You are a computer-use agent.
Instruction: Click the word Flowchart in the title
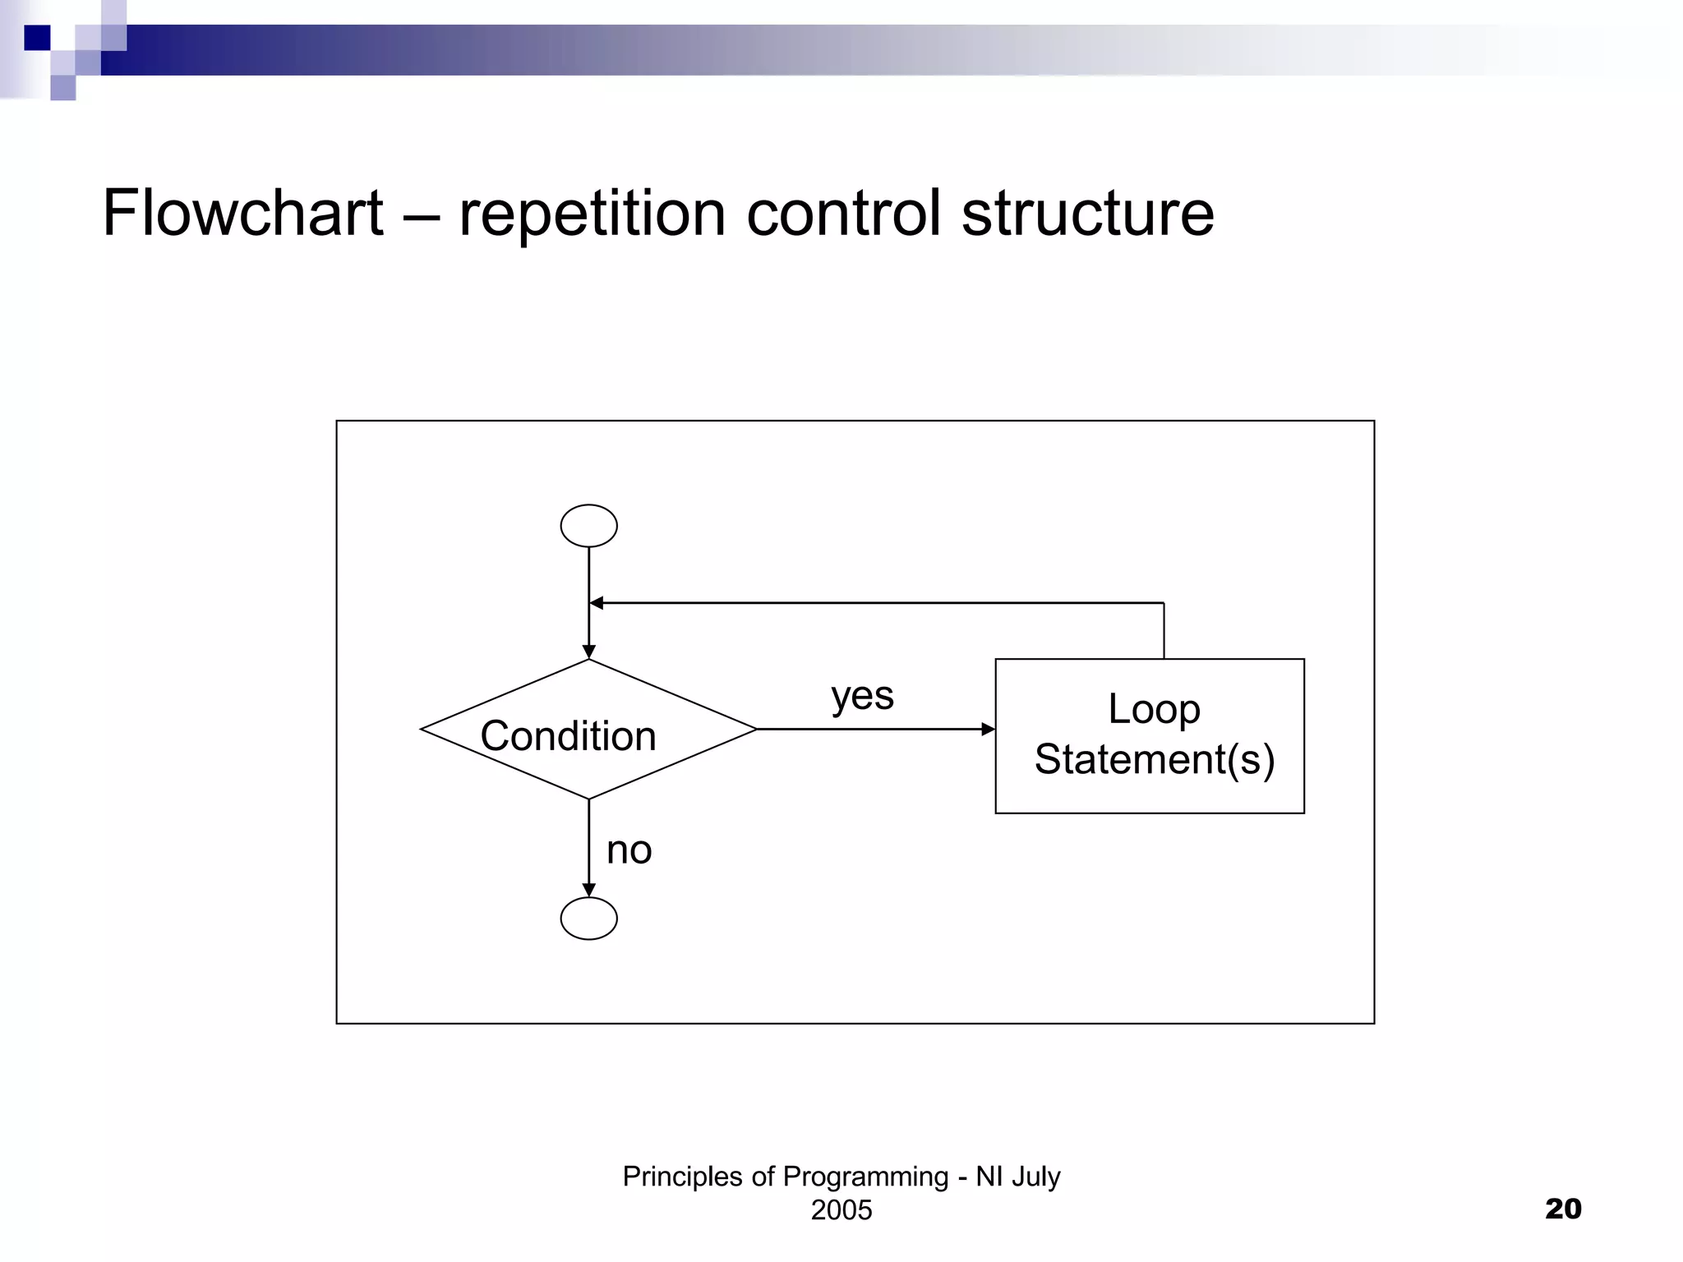coord(243,213)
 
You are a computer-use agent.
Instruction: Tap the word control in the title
coord(843,213)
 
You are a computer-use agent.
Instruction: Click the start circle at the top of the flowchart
coord(588,526)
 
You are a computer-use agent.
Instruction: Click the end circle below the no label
coord(588,919)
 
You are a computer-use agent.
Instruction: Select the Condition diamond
coord(588,730)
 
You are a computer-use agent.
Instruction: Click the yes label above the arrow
coord(862,696)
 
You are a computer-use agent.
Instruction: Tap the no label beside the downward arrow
coord(629,850)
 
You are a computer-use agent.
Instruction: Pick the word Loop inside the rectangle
coord(1153,708)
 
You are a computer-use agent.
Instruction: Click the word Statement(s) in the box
coord(1154,759)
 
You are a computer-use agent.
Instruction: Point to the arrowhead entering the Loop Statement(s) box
coord(989,729)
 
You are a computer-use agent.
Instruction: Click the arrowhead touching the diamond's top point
coord(588,652)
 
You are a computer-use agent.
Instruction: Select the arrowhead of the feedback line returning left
coord(597,603)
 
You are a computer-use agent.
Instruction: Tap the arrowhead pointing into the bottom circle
coord(588,891)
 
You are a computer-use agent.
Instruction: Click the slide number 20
coord(1563,1209)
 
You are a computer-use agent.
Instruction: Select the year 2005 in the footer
coord(841,1210)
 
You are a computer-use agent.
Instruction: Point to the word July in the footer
coord(1036,1177)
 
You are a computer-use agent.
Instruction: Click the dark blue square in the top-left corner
coord(37,38)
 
